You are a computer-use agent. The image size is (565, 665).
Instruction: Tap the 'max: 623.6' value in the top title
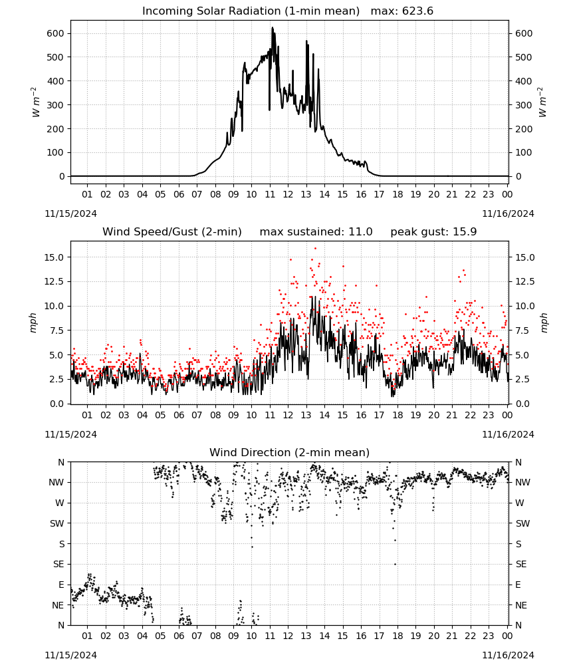click(402, 11)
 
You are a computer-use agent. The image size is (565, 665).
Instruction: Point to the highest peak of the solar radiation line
click(273, 28)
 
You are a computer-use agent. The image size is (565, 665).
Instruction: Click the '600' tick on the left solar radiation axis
click(56, 33)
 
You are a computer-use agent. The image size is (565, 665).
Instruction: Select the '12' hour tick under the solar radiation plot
click(288, 194)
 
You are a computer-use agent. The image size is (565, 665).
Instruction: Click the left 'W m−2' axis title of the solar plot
click(35, 102)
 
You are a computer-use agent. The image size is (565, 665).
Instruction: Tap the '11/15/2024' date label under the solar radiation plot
click(70, 213)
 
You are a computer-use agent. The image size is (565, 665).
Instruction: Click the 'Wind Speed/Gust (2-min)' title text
click(172, 232)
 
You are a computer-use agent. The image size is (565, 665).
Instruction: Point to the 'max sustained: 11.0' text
click(316, 232)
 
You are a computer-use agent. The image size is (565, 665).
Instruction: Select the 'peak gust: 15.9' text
click(433, 232)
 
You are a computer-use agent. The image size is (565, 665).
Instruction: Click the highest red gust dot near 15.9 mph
click(315, 249)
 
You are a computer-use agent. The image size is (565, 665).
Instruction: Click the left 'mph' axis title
click(33, 323)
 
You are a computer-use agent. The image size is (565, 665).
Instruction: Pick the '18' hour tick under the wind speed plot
click(397, 415)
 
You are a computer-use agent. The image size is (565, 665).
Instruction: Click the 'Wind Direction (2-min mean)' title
click(290, 452)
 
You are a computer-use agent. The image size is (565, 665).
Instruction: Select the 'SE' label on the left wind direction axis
click(58, 564)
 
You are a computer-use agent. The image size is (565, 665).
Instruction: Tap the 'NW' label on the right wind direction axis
click(522, 483)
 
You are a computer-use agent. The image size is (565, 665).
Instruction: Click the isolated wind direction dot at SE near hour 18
click(395, 564)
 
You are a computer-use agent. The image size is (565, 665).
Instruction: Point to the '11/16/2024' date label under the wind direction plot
click(508, 655)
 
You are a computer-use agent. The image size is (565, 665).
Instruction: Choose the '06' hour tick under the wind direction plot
click(178, 636)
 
